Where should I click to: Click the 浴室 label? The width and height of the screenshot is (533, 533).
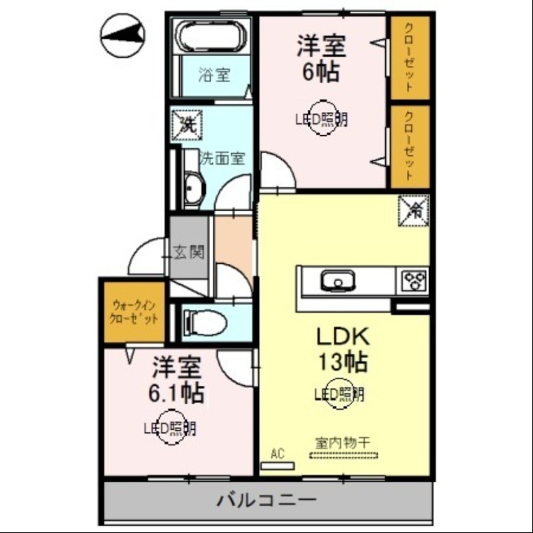click(x=214, y=75)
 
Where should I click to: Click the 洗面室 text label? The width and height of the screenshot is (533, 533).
click(x=223, y=159)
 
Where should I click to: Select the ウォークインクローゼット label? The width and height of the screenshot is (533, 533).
click(x=134, y=312)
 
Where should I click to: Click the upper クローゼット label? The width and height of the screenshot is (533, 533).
click(x=408, y=59)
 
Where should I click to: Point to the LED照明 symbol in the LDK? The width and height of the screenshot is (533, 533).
click(x=340, y=394)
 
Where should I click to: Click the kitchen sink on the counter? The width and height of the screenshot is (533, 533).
click(x=338, y=281)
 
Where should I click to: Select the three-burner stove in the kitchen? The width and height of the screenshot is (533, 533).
click(x=414, y=280)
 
